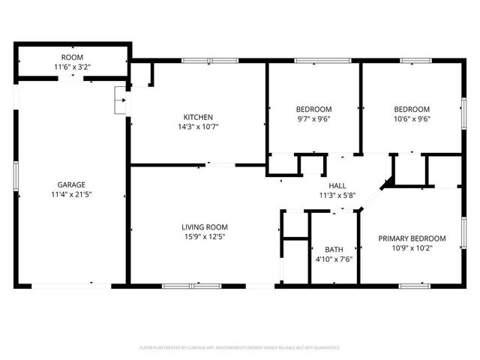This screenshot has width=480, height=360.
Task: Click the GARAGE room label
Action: (x=72, y=184)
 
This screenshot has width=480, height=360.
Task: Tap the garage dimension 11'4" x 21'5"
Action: (x=72, y=194)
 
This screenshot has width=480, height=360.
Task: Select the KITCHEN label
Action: (x=199, y=117)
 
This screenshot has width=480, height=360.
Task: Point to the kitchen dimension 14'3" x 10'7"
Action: (x=199, y=127)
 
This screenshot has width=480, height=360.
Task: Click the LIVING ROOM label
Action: (x=204, y=227)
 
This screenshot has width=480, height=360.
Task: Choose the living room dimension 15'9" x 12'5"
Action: (x=204, y=237)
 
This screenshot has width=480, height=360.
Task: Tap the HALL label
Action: (x=337, y=186)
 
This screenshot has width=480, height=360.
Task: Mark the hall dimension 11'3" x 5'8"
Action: (x=337, y=196)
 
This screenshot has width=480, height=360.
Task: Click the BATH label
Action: (x=334, y=250)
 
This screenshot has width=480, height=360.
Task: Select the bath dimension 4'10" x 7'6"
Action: (x=334, y=259)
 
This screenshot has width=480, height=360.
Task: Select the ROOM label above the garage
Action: (x=72, y=58)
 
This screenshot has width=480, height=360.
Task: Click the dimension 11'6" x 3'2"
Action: (x=72, y=67)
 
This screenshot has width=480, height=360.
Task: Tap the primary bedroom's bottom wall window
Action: (x=414, y=285)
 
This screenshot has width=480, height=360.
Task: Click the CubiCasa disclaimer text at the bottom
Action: (x=240, y=348)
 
